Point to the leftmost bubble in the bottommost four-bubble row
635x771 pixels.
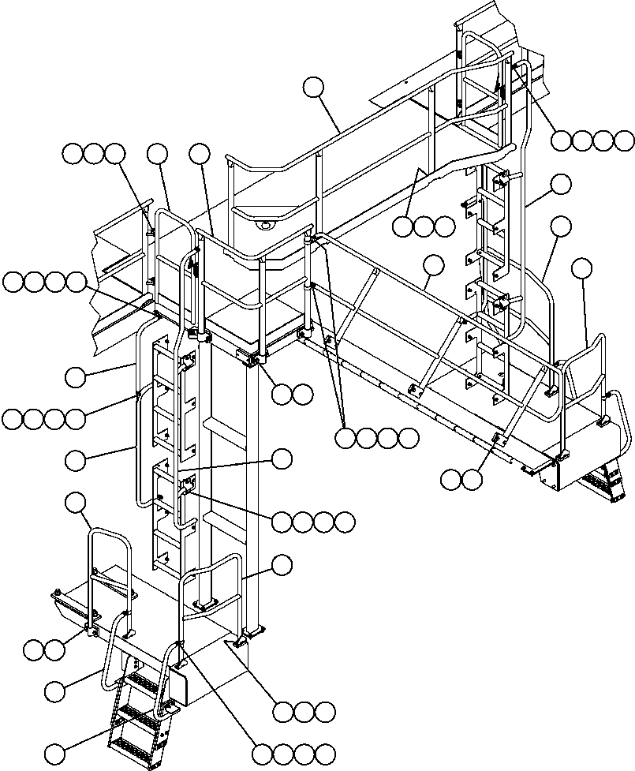click(x=263, y=753)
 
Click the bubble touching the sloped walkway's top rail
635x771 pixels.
click(x=432, y=264)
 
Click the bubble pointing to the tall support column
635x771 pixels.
click(x=282, y=563)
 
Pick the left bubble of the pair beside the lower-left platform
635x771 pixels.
click(x=33, y=650)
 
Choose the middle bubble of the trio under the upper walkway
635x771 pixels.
click(x=424, y=227)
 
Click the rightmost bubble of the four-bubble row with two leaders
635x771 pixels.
click(x=409, y=437)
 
